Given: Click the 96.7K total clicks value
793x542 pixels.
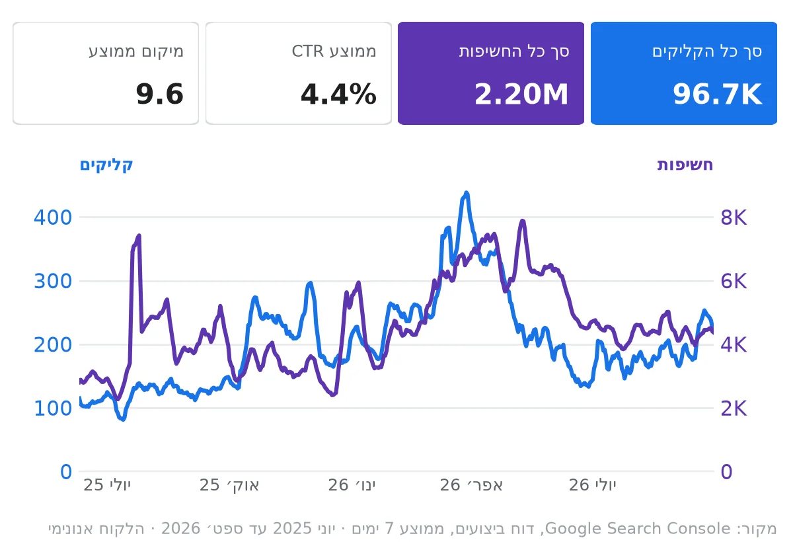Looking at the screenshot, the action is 717,94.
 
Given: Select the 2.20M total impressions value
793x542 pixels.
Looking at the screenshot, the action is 521,94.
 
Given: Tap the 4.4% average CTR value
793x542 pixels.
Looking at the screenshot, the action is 338,94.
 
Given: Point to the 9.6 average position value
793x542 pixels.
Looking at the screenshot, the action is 160,94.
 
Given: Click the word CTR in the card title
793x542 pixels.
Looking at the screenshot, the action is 307,52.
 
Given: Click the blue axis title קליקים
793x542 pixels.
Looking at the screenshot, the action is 106,165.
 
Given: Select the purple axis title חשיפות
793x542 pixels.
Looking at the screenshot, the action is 685,165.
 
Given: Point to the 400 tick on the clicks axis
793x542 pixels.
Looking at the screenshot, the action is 53,217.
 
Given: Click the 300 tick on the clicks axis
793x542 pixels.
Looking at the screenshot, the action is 53,282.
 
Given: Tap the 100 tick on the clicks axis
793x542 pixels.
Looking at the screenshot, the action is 53,408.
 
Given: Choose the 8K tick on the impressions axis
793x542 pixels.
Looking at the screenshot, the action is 734,217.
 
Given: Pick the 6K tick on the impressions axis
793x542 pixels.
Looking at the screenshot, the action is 734,282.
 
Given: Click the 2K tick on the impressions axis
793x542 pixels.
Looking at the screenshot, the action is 734,408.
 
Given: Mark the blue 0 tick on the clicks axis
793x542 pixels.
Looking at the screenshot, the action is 66,472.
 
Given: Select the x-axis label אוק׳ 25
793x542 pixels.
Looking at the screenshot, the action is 229,485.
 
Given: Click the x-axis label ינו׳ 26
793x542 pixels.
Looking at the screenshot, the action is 352,485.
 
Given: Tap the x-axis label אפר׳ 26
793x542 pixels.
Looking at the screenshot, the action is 471,485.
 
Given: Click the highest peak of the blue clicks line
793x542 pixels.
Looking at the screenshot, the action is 467,193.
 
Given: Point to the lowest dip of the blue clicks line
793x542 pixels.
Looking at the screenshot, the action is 123,420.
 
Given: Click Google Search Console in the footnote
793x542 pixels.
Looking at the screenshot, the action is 638,529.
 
